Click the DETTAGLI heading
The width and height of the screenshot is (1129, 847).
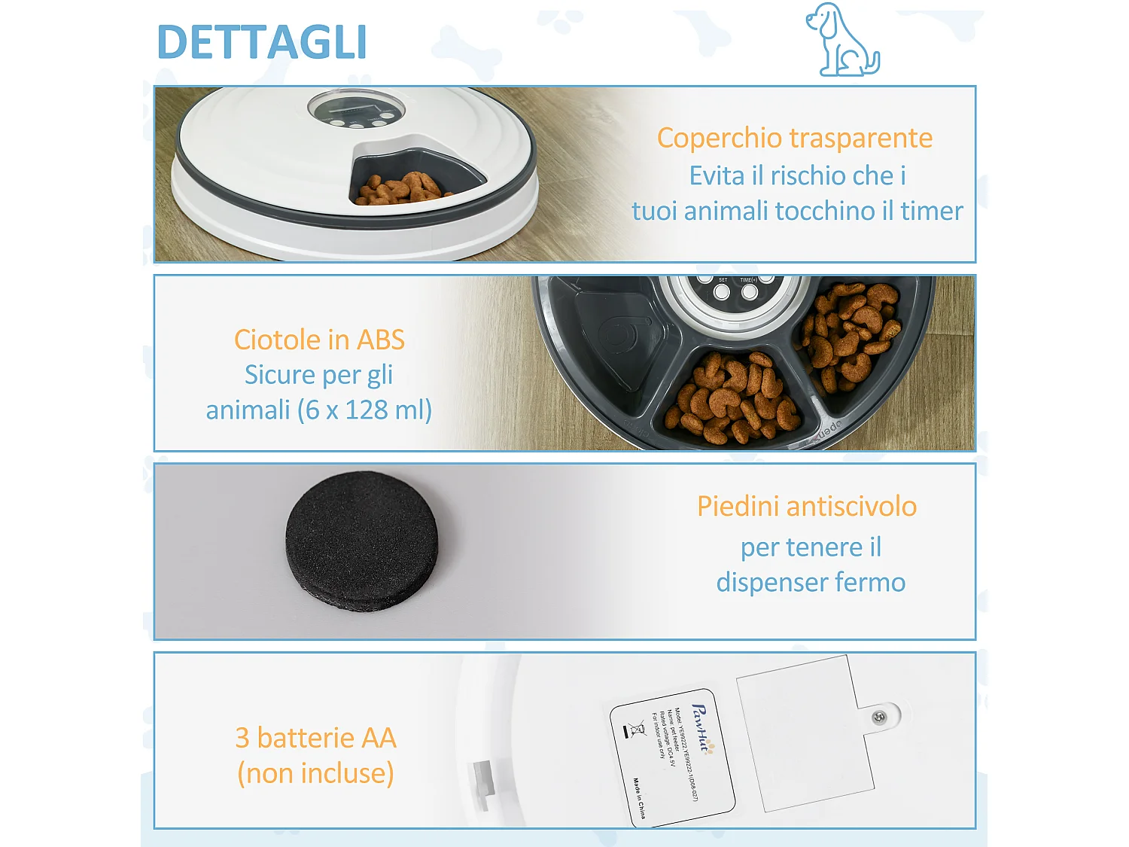click(x=262, y=42)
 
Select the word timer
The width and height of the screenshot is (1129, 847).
click(x=932, y=211)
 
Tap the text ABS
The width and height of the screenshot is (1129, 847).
click(x=381, y=340)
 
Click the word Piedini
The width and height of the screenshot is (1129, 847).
click(x=737, y=507)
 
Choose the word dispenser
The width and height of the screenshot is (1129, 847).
click(x=769, y=582)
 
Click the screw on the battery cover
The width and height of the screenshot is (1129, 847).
click(x=878, y=718)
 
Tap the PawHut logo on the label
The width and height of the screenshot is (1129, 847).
click(x=701, y=729)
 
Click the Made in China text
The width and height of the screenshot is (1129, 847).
click(x=639, y=798)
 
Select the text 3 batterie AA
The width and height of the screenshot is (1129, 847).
click(x=315, y=738)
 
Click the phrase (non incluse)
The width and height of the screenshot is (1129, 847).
click(x=315, y=773)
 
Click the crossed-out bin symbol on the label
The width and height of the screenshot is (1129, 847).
click(x=637, y=728)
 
